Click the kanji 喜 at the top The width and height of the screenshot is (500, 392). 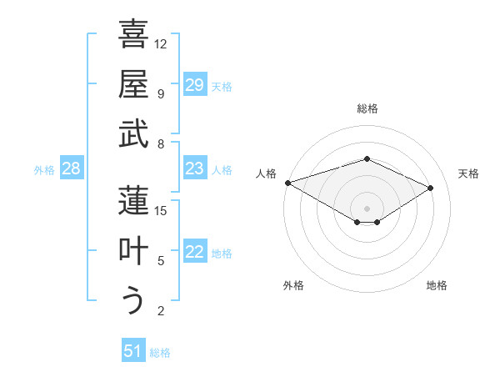[133, 35]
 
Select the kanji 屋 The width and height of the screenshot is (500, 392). [133, 83]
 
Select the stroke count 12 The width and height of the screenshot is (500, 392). [162, 43]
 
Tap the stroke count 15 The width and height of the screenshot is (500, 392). [162, 210]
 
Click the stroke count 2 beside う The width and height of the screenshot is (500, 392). [161, 311]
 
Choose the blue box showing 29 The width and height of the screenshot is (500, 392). [195, 85]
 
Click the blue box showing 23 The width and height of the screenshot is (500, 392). [195, 169]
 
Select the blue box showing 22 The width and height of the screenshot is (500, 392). [195, 253]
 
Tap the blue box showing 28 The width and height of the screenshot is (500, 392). [72, 169]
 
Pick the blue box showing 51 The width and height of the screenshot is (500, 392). [133, 352]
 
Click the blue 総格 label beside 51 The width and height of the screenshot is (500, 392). [160, 353]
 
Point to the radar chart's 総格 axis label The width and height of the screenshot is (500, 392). [367, 108]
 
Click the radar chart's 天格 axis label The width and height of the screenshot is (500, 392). [468, 173]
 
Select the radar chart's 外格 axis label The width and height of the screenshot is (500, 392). [293, 286]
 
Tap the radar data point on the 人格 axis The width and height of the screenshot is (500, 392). [287, 183]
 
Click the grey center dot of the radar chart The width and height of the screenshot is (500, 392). [367, 208]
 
